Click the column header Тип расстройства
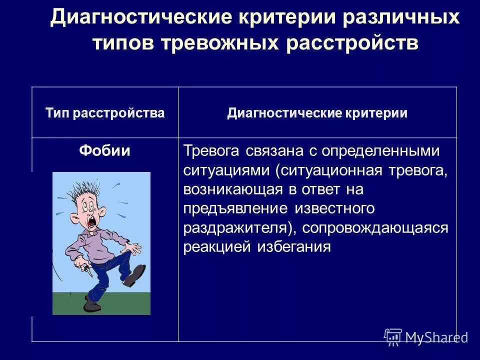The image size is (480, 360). pos(105,113)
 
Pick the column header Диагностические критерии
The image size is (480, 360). pos(317,113)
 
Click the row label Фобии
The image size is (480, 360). pos(105,151)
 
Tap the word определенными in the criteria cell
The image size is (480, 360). pos(379,151)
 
